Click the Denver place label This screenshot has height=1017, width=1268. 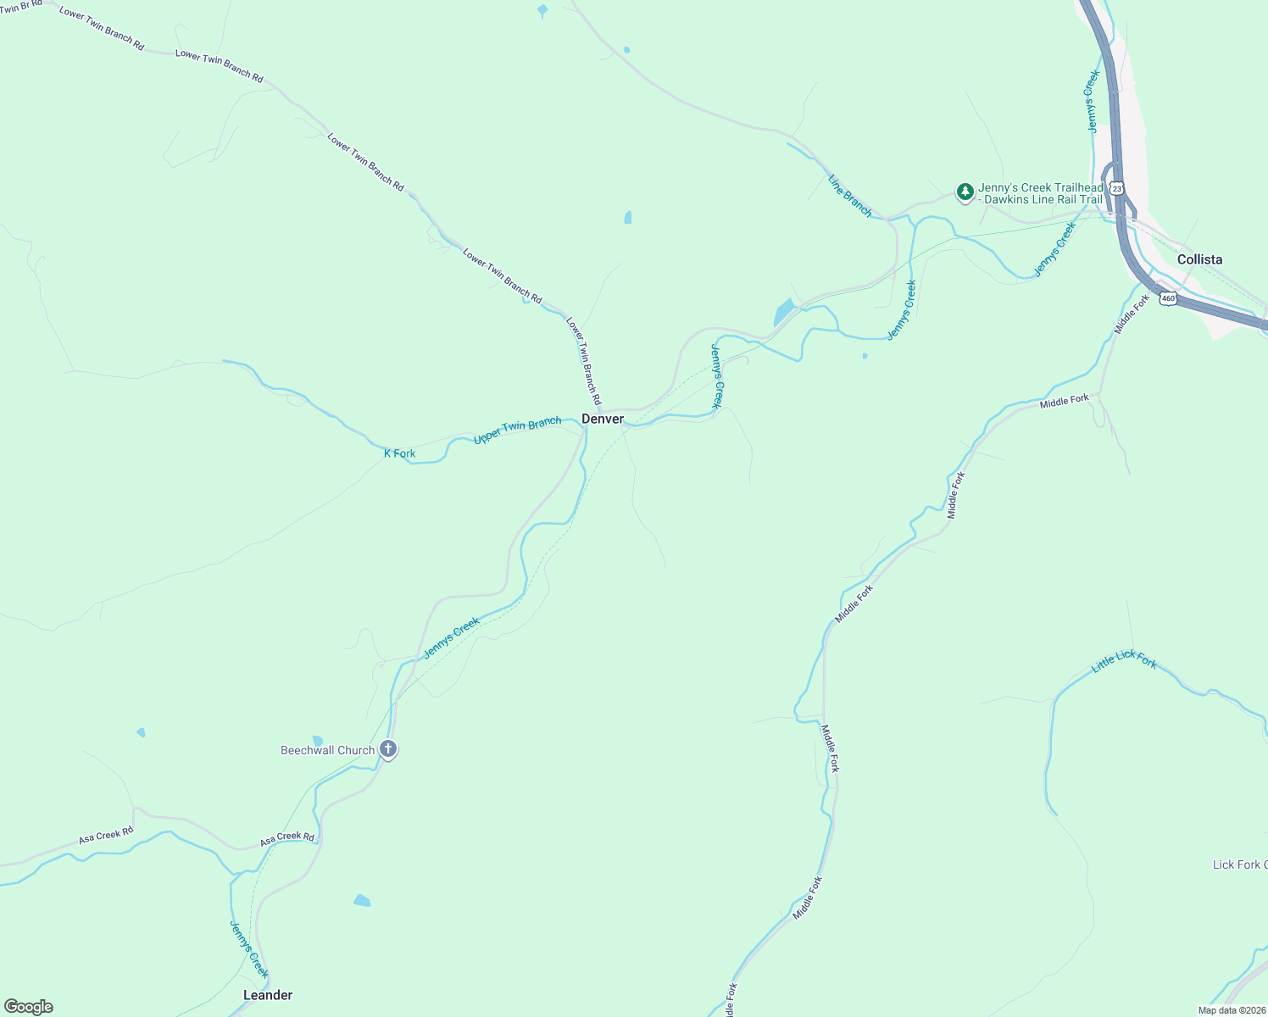[603, 419]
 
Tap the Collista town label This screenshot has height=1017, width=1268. [1199, 259]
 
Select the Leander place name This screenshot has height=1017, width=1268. [268, 995]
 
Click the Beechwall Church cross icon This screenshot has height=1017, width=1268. [388, 749]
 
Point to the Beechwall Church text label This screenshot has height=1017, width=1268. [328, 750]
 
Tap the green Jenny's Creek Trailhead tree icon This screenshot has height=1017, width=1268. [965, 192]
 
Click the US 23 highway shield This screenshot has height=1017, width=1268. [1117, 188]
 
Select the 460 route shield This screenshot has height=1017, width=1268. [1169, 298]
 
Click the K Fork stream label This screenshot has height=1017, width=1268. [399, 453]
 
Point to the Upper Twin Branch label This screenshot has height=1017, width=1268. [517, 430]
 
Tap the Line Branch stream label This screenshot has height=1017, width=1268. [850, 196]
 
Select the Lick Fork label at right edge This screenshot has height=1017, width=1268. [1239, 864]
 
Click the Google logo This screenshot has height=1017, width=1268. [29, 1007]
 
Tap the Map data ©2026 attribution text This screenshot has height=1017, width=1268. [1231, 1010]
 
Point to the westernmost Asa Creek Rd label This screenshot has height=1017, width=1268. [106, 836]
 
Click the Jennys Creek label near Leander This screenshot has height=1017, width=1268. [249, 949]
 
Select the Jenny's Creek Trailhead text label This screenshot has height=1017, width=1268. [1041, 193]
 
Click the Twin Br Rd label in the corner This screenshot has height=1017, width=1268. [21, 6]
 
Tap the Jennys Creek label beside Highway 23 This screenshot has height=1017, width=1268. [1093, 101]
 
